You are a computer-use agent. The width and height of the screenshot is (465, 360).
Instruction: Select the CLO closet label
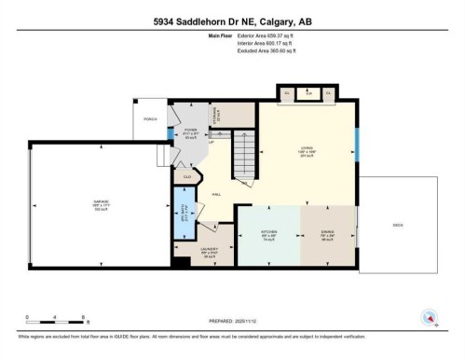[187, 176]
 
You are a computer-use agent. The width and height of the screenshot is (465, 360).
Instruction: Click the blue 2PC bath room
[184, 214]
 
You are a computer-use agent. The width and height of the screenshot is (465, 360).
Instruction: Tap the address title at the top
[232, 21]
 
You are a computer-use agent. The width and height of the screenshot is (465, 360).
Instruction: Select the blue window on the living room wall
[357, 145]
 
